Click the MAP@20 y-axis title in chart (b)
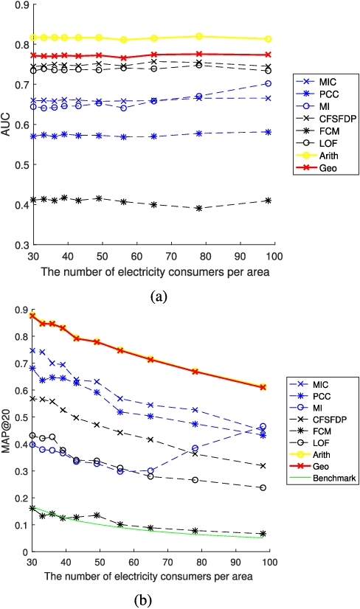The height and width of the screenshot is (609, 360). point(8,430)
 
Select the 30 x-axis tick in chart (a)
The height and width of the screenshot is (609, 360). point(32,255)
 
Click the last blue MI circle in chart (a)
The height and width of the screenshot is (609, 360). point(268,83)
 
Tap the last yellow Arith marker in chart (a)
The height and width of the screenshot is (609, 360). point(268,39)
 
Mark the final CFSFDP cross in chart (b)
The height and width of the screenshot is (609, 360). point(263,466)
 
